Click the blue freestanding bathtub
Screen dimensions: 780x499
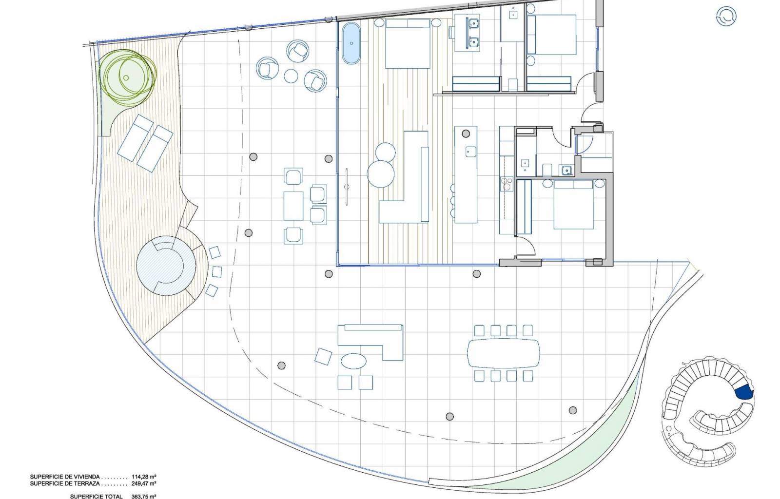[351, 43]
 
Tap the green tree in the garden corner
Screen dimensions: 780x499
[128, 76]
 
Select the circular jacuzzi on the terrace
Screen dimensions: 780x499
[165, 266]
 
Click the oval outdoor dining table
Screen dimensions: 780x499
[504, 353]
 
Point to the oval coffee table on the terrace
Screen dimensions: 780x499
[353, 361]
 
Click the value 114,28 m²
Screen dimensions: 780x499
[143, 477]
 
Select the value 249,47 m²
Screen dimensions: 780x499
[143, 483]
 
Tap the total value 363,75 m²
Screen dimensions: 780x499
[143, 497]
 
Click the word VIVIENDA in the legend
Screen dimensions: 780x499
[87, 477]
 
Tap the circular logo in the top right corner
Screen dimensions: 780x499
[726, 17]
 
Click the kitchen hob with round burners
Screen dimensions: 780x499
[507, 184]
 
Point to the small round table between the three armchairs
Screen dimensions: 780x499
[291, 76]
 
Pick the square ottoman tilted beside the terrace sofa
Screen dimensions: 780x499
[323, 357]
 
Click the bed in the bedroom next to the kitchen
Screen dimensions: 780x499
[573, 205]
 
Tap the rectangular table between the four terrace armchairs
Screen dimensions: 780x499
[293, 206]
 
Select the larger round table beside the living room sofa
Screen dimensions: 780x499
[381, 174]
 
